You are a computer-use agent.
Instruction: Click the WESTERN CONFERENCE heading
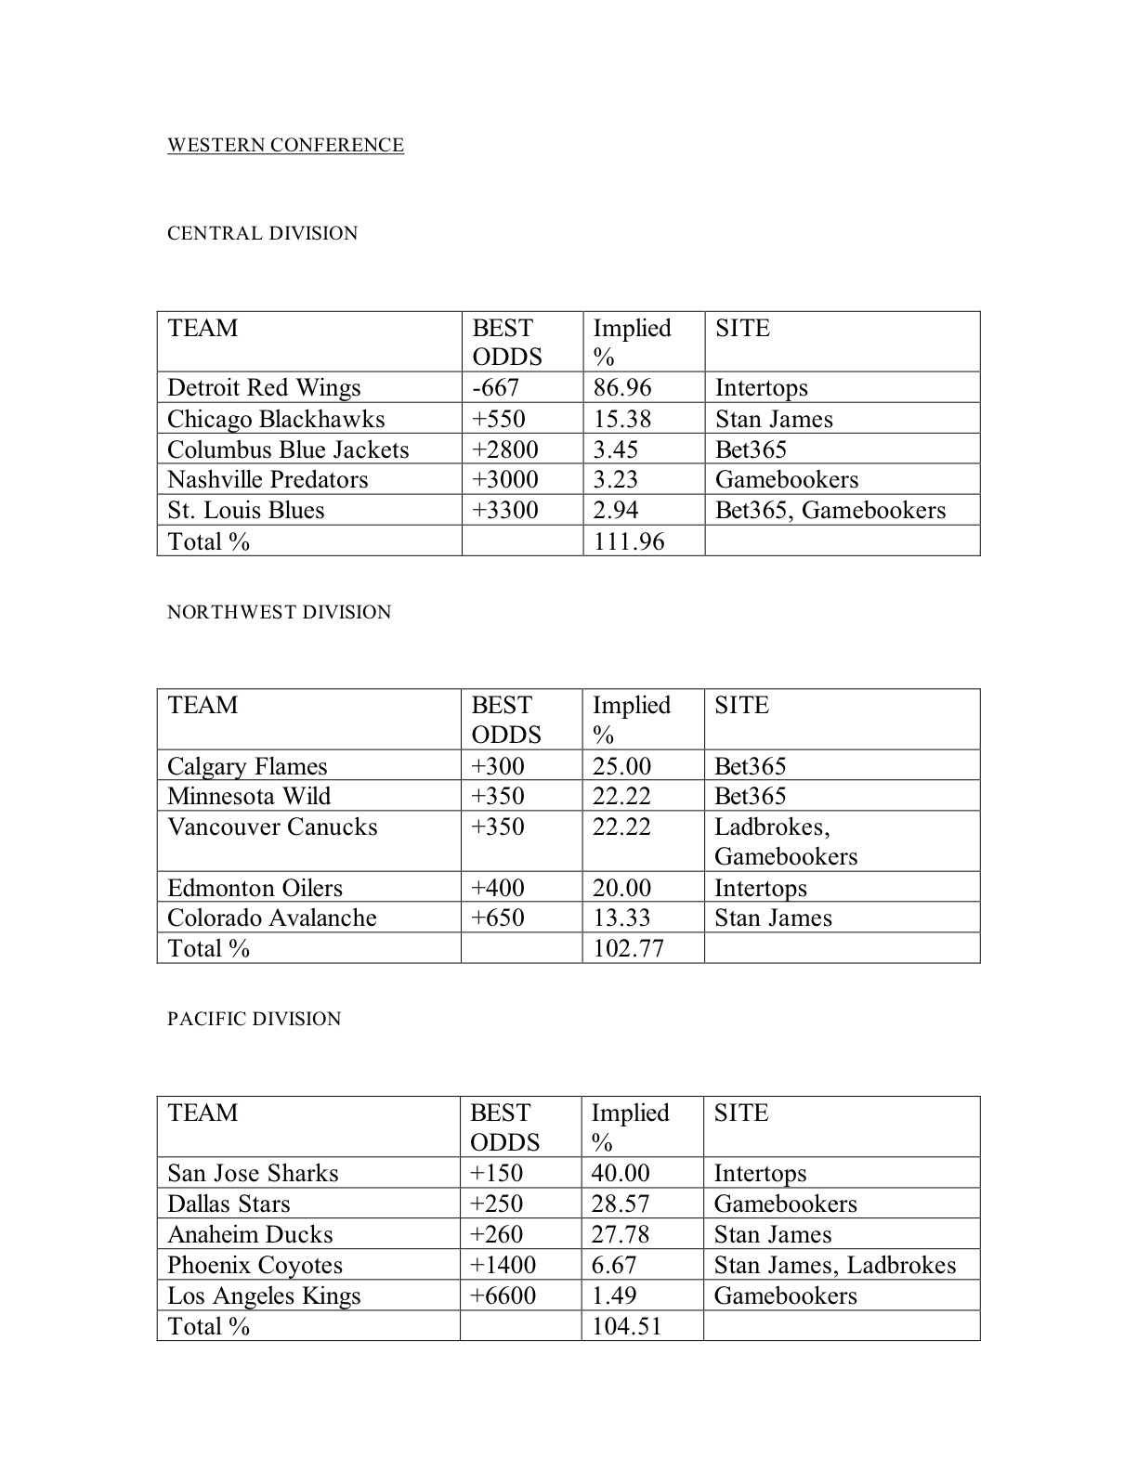(x=285, y=146)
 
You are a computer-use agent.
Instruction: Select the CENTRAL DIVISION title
(x=262, y=233)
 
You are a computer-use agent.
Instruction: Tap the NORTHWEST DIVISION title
(x=279, y=612)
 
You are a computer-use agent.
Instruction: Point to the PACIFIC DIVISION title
(x=254, y=1019)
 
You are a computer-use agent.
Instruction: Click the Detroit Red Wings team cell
(x=264, y=387)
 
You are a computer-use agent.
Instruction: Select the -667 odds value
(x=495, y=387)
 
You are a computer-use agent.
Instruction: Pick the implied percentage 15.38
(x=622, y=419)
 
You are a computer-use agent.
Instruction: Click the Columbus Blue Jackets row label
(x=288, y=449)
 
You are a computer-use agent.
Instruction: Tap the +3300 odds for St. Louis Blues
(x=504, y=510)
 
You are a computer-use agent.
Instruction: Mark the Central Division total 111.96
(x=629, y=541)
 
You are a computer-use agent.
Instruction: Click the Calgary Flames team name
(x=247, y=766)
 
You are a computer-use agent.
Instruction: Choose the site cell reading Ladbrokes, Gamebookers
(x=785, y=841)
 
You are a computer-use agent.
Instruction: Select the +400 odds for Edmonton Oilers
(x=498, y=888)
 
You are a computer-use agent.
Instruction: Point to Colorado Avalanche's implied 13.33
(x=621, y=918)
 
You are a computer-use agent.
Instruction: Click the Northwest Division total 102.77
(x=628, y=948)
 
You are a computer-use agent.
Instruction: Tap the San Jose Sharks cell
(x=253, y=1173)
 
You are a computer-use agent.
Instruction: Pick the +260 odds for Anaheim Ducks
(x=496, y=1234)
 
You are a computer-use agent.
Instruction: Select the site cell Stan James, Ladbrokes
(x=834, y=1265)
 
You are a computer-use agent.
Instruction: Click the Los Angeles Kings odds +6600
(x=503, y=1295)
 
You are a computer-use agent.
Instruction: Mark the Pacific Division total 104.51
(x=626, y=1326)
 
